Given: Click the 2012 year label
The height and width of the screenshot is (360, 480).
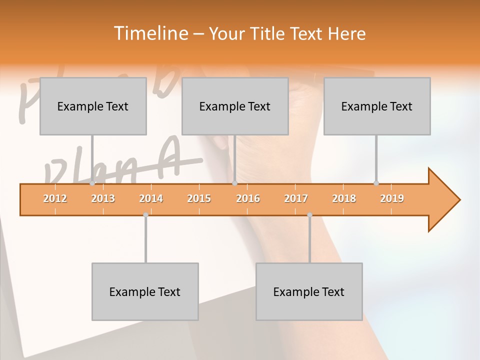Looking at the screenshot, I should click(x=55, y=198).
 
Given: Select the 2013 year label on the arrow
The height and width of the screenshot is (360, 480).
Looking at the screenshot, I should click(x=103, y=198).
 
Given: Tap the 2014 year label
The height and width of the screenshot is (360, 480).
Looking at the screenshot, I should click(x=151, y=198).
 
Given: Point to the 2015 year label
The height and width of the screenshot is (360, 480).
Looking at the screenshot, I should click(x=199, y=198).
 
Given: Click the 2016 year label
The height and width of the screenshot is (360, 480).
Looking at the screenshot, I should click(x=248, y=198).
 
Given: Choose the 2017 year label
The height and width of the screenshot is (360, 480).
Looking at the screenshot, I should click(x=296, y=198).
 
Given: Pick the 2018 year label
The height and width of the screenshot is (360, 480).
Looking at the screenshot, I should click(x=344, y=198).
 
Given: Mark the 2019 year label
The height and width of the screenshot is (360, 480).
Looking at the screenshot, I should click(x=392, y=198).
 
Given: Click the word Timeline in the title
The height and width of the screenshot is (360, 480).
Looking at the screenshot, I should click(x=149, y=33).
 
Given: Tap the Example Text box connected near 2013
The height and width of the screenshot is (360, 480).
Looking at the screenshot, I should click(x=93, y=106).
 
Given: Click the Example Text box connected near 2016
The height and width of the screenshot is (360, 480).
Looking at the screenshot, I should click(x=235, y=106).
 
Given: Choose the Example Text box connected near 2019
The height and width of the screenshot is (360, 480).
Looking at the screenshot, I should click(x=377, y=106).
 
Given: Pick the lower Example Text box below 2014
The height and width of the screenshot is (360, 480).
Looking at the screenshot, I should click(x=145, y=291).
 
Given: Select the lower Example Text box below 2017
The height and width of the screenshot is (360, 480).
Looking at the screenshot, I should click(x=309, y=291).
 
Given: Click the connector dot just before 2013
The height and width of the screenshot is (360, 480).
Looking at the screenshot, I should click(x=92, y=183).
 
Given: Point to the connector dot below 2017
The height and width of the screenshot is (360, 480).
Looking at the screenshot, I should click(x=309, y=215).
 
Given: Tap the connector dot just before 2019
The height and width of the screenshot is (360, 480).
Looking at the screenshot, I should click(x=376, y=183).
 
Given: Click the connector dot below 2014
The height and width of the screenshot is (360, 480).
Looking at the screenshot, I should click(x=145, y=215).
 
